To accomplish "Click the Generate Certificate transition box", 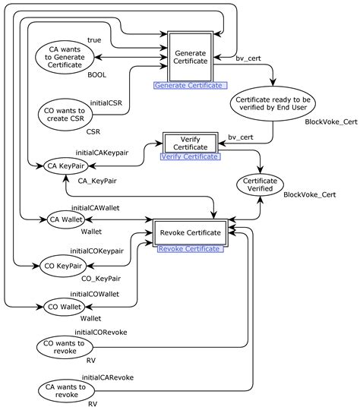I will click(x=190, y=58).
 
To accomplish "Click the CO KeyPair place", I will click(x=64, y=266).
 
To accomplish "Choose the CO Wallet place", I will click(x=64, y=307).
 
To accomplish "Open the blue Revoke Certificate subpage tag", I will click(x=189, y=248).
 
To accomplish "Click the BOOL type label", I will click(x=96, y=74).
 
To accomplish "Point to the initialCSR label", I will click(x=109, y=102).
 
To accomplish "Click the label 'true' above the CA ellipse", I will click(x=94, y=39).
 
